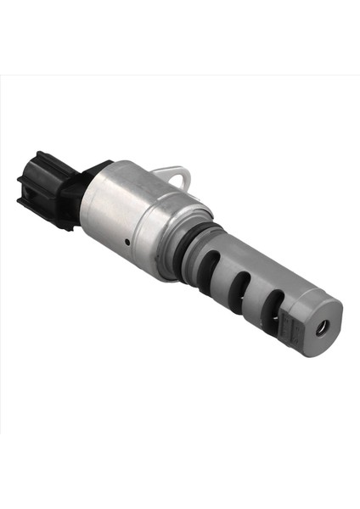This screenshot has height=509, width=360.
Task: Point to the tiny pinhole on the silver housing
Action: pyautogui.click(x=124, y=242)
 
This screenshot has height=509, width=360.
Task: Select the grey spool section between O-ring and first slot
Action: pyautogui.click(x=208, y=246)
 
